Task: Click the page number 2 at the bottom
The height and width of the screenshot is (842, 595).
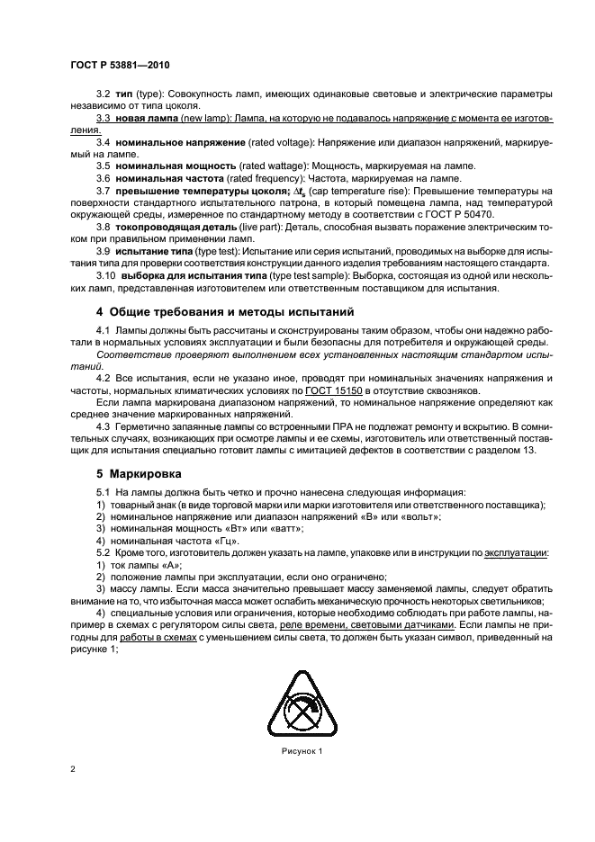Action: click(72, 769)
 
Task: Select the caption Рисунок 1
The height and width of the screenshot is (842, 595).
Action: click(298, 751)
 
